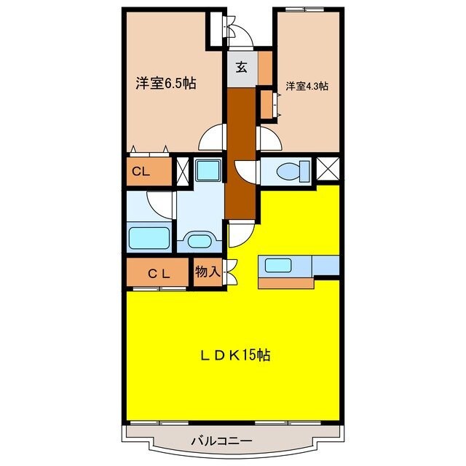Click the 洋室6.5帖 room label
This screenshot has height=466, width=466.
coord(165,83)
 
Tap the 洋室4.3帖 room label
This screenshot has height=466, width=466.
coord(306,86)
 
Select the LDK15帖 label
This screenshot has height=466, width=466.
coord(236,356)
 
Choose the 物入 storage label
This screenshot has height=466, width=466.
coord(207,272)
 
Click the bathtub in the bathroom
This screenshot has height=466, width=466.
coord(149,238)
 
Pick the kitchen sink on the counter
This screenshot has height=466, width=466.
coord(278,265)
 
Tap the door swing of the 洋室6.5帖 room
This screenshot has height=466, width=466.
coord(213,138)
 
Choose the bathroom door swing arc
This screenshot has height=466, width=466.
coord(159,202)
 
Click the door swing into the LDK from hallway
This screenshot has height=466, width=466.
coord(241,234)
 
